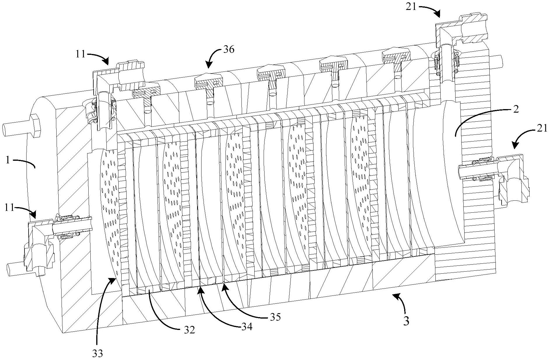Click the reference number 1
click(x=7, y=161)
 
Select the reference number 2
click(x=516, y=109)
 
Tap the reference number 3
click(x=406, y=321)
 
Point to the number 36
click(x=229, y=50)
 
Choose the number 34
click(x=246, y=326)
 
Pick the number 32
click(x=189, y=330)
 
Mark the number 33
click(x=98, y=354)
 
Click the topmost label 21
click(x=411, y=7)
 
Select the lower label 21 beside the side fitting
click(x=542, y=128)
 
